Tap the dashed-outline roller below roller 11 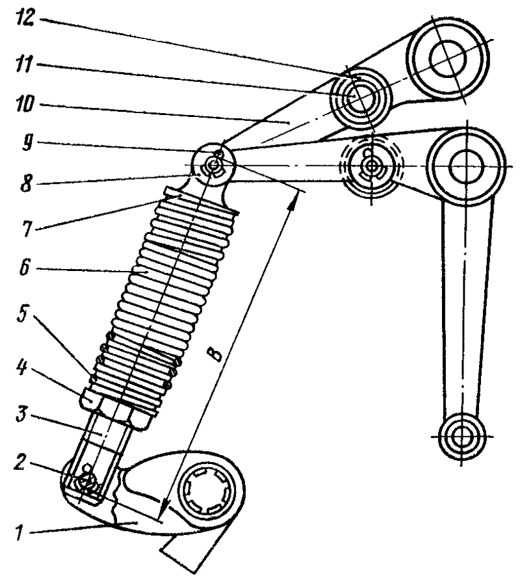click(371, 167)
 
